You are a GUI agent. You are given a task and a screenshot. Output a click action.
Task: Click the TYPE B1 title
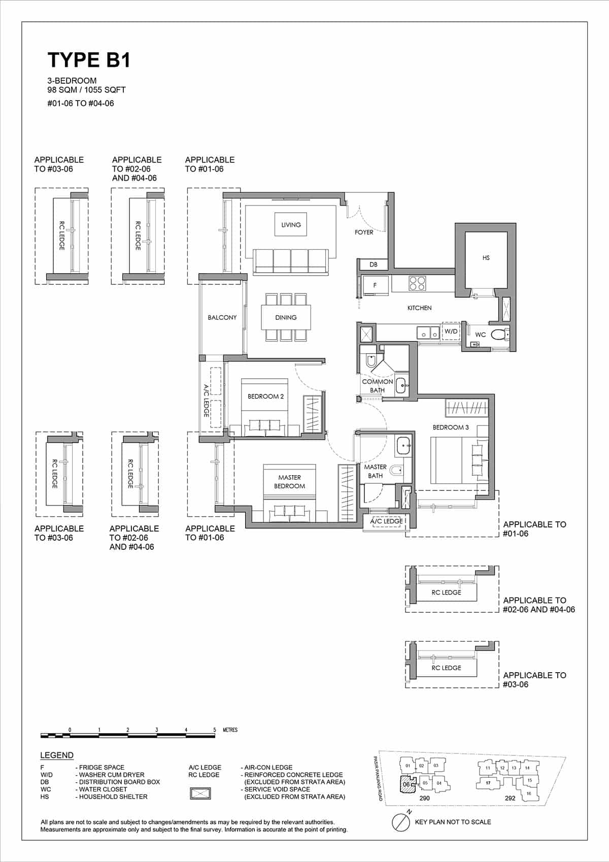[x=89, y=60]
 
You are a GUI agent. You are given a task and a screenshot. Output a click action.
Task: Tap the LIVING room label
[x=291, y=224]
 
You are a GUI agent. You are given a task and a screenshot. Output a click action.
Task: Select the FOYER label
[x=364, y=232]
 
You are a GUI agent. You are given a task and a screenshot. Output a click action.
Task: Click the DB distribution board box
[x=374, y=264]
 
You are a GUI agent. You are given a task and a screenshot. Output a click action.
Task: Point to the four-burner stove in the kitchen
[x=417, y=283]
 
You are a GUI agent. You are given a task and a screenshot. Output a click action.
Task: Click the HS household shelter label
[x=486, y=258]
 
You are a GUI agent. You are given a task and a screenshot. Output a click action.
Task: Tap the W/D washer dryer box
[x=451, y=331]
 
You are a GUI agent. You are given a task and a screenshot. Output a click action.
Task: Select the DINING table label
[x=286, y=317]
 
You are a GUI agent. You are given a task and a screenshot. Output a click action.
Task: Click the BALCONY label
[x=222, y=317]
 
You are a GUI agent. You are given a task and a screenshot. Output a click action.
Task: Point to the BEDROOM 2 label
[x=265, y=396]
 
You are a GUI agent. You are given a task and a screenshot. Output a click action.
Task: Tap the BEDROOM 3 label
[x=451, y=427]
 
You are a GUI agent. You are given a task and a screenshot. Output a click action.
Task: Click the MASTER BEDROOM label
[x=289, y=481]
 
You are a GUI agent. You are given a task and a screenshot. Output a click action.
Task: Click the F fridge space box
[x=375, y=285]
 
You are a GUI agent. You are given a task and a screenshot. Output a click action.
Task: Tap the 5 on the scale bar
[x=215, y=730]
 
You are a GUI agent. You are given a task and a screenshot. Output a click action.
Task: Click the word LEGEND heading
[x=57, y=755]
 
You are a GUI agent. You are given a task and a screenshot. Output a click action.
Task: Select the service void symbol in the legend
[x=200, y=793]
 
